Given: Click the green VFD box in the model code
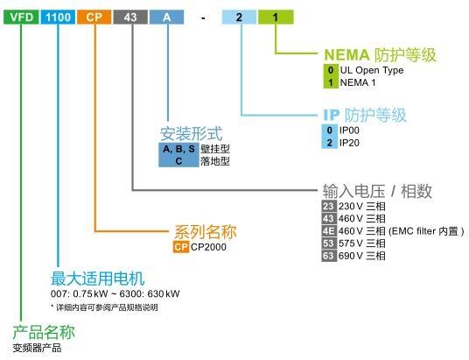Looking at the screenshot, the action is pos(21,17).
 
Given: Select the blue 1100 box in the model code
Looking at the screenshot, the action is pos(58,17).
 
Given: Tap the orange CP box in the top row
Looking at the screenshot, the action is pos(94,17).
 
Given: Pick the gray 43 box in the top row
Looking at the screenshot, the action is pos(130,17).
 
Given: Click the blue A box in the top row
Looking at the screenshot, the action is pos(166,17).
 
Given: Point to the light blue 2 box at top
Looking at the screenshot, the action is pos(239,17).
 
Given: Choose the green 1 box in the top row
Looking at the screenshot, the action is pos(276,17).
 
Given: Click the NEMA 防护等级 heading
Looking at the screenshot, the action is pos(380,55).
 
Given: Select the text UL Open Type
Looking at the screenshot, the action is pos(372,70).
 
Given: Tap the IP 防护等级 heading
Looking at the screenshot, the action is pos(365,115).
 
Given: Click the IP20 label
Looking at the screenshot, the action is pos(349,143).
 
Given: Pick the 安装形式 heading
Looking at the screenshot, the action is pos(192,134).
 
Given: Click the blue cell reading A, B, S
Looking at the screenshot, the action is pos(178,149).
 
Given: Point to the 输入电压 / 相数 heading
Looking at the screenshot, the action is pos(377,191).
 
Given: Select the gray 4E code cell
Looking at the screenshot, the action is pos(329,231).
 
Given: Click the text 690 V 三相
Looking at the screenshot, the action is pos(362,256).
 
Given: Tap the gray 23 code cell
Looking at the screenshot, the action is pos(329,206).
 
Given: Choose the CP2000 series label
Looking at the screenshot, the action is pos(208,247).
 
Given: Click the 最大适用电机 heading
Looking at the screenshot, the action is pos(98,279).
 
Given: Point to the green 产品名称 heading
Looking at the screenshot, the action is pos(44,332).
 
